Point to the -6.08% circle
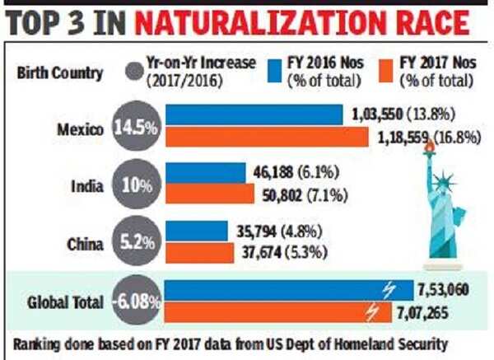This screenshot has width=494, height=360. click(138, 302)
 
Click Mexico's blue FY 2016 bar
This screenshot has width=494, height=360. click(254, 114)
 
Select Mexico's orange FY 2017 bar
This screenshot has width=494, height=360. click(268, 137)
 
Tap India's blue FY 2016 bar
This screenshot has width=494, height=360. click(206, 172)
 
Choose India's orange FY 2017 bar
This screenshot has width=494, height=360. click(210, 194)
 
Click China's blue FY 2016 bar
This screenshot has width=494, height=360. click(197, 230)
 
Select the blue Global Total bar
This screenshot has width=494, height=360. click(289, 290)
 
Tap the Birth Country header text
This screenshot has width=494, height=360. click(60, 72)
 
